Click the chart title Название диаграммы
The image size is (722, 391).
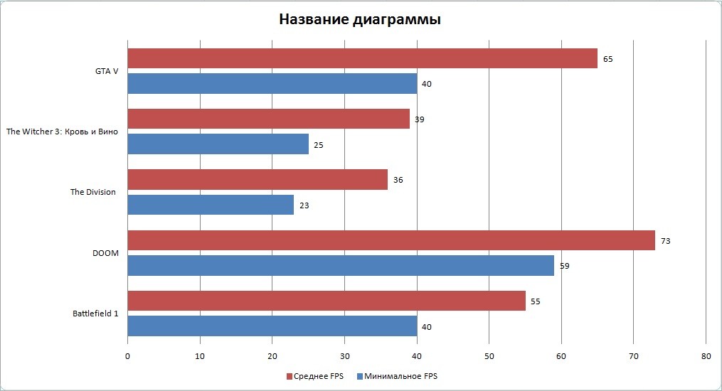click(x=359, y=20)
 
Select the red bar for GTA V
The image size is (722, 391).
click(x=362, y=58)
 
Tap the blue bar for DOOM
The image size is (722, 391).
click(x=341, y=266)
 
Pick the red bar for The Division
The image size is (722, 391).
click(x=258, y=180)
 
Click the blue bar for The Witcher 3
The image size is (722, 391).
click(x=218, y=144)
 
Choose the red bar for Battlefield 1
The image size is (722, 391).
click(x=327, y=301)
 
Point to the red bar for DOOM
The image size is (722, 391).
click(x=391, y=240)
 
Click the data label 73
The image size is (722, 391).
click(x=665, y=241)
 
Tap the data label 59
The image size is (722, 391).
click(x=565, y=266)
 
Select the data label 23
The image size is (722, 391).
click(x=304, y=205)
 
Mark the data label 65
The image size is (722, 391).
click(x=607, y=59)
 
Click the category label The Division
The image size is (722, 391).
click(x=92, y=192)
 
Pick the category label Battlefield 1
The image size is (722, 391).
click(x=95, y=313)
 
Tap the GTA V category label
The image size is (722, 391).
click(x=107, y=71)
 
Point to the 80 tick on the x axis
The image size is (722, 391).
click(x=705, y=355)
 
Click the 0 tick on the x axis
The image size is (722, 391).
click(x=127, y=355)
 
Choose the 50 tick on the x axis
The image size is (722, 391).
click(x=489, y=355)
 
